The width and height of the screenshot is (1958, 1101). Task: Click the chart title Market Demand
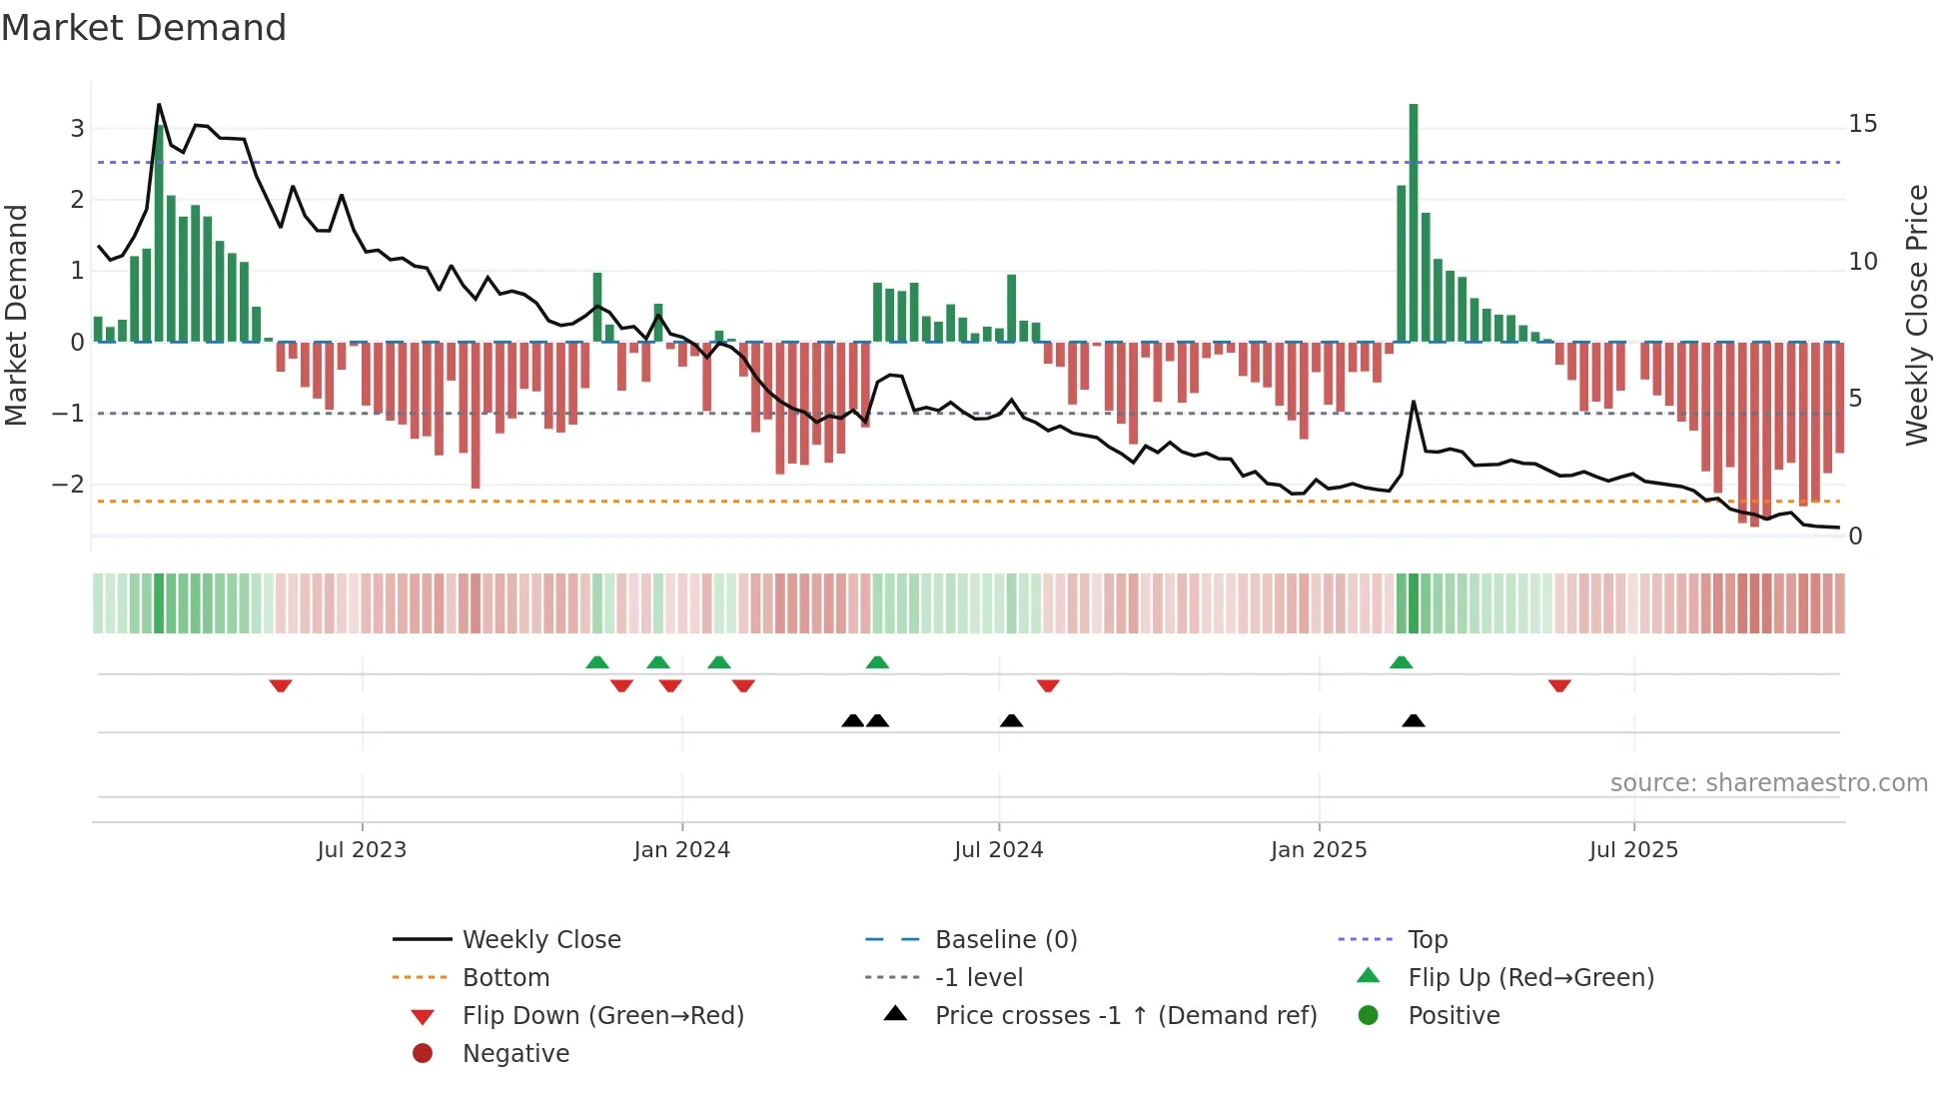tap(144, 28)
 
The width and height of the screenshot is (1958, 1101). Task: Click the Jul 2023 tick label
tap(362, 850)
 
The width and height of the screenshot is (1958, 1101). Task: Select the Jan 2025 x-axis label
tap(1319, 850)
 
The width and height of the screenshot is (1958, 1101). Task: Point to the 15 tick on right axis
tap(1862, 124)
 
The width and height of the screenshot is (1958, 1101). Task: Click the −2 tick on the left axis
tap(68, 485)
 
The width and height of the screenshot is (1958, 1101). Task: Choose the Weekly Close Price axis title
tap(1916, 315)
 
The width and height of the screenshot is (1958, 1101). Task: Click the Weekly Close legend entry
tap(541, 940)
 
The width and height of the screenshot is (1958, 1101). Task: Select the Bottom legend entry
tap(505, 978)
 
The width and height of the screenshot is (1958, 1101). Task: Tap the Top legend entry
tap(1428, 940)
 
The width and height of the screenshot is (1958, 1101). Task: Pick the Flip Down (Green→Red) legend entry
tap(602, 1016)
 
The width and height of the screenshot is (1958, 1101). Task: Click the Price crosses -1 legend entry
tap(1126, 1016)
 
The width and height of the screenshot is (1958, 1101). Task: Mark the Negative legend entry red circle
tap(423, 1054)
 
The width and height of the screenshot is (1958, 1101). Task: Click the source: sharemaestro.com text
tap(1768, 783)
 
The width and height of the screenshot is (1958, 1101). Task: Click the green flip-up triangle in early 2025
tap(1402, 662)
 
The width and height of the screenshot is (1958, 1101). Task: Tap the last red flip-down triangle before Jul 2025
tap(1559, 685)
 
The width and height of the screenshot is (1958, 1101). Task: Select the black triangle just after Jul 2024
tap(1012, 720)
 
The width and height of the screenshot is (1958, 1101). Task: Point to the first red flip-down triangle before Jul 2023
tap(281, 685)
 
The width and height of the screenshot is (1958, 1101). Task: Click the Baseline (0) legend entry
tap(1006, 940)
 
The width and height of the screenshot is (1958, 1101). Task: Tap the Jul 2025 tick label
tap(1633, 850)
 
